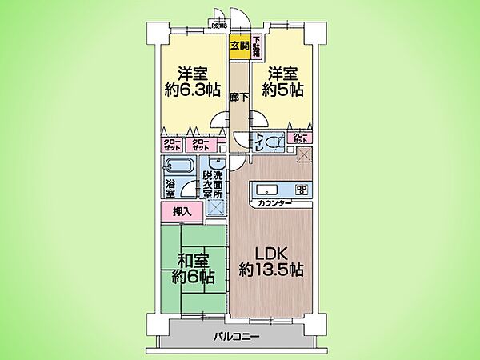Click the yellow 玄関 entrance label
(x=238, y=46)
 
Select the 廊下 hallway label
(x=238, y=97)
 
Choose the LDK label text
(x=272, y=250)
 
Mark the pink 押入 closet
(x=182, y=211)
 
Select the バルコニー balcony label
(x=238, y=338)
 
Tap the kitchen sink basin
(x=267, y=190)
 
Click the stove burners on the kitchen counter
(x=302, y=190)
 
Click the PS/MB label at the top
(x=219, y=25)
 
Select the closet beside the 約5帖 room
(x=300, y=138)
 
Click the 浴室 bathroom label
(x=170, y=189)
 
